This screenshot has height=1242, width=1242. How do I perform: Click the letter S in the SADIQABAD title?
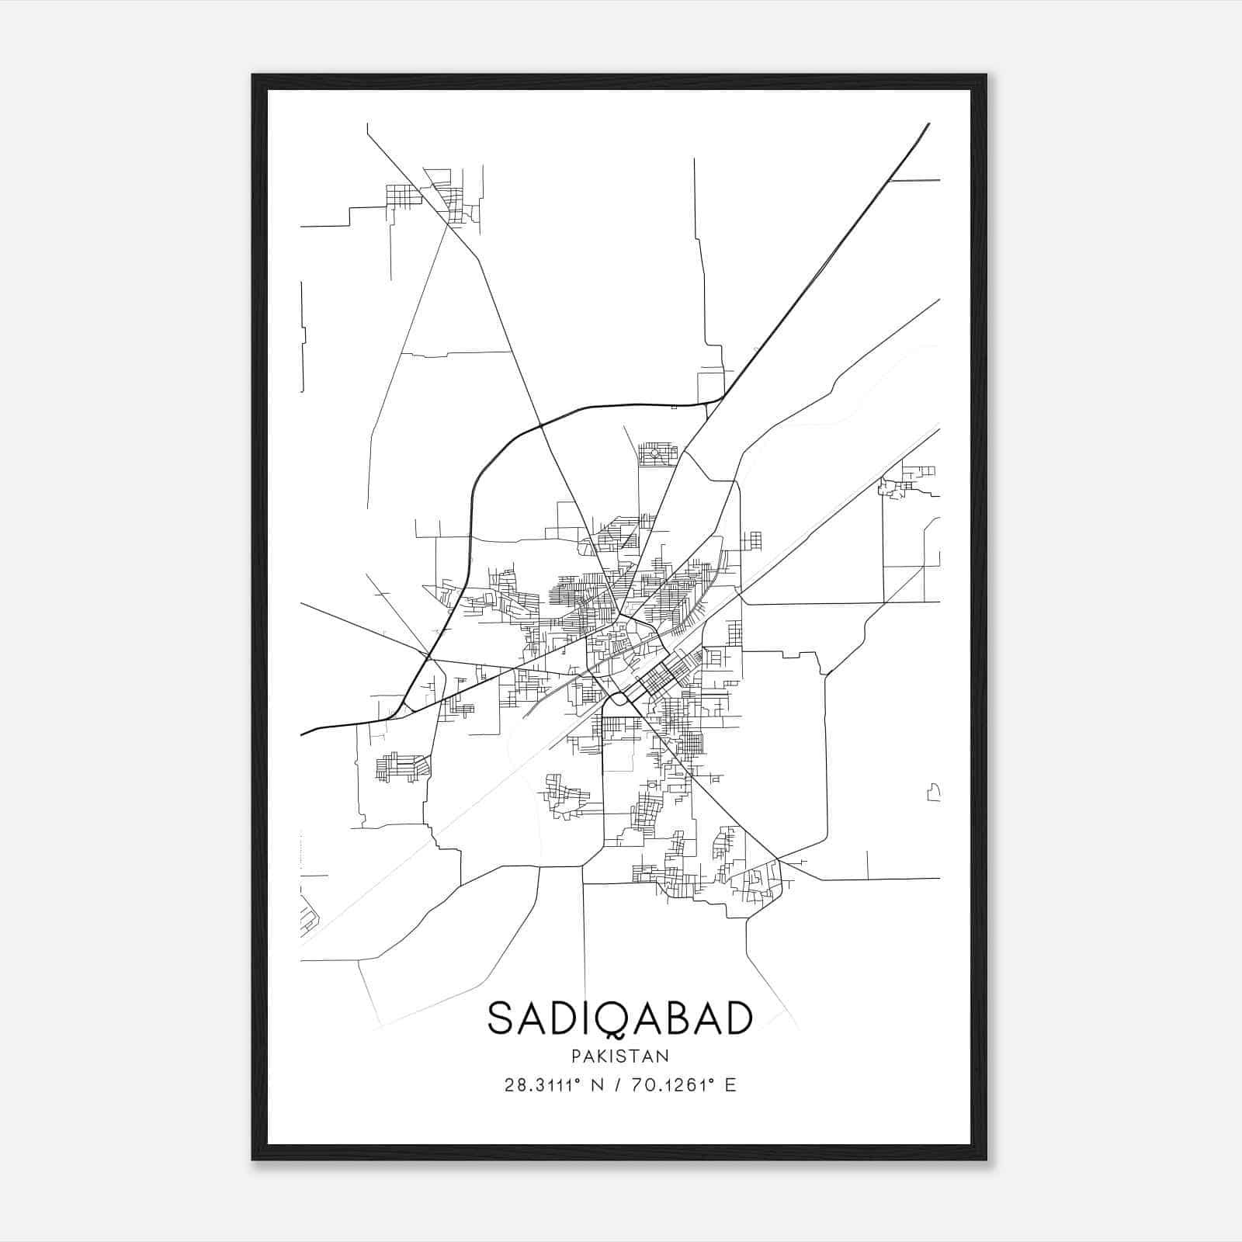tap(500, 1018)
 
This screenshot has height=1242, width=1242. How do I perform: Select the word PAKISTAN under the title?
tap(619, 1056)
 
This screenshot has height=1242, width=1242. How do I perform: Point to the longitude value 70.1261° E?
tap(682, 1085)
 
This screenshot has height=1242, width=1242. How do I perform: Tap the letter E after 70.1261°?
tap(730, 1085)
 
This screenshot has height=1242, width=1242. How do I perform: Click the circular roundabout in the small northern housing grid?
tap(654, 453)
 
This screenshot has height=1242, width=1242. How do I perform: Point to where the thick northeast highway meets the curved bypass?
tap(722, 398)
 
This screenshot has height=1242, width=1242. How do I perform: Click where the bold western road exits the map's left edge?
tap(302, 734)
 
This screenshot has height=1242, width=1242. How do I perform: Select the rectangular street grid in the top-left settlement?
tap(403, 195)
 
